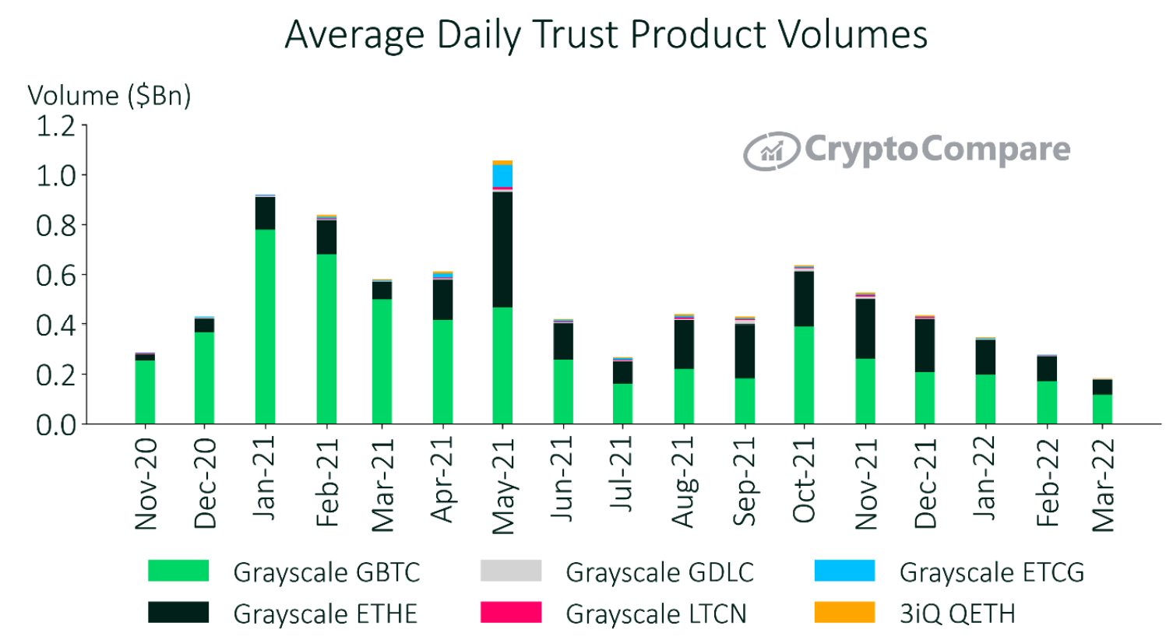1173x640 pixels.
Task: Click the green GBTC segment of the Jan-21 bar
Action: coord(265,326)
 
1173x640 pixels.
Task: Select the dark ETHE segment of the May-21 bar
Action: coord(502,249)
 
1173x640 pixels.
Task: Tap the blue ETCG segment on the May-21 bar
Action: coord(502,176)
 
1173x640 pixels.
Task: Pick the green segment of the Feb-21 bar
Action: coord(326,339)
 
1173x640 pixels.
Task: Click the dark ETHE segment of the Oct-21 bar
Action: coord(804,299)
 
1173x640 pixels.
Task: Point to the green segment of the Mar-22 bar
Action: coord(1102,409)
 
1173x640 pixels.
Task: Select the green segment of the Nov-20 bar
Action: coord(145,392)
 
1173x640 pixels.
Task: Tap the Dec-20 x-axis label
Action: coord(205,483)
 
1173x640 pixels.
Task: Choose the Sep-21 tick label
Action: coord(745,481)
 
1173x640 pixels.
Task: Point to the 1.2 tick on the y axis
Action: coord(55,125)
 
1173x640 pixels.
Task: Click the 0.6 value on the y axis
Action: coord(55,275)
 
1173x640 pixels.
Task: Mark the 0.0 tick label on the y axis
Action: coord(55,425)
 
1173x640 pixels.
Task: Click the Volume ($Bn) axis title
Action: coord(109,95)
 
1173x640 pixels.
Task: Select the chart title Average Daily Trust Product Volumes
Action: coord(606,35)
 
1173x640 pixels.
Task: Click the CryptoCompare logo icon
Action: coord(771,151)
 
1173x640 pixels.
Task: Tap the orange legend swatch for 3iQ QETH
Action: coord(844,613)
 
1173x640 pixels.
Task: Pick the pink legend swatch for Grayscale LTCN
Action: coord(511,613)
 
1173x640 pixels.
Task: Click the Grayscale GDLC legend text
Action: coord(659,572)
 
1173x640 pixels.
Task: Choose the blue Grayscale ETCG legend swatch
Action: coord(844,571)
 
